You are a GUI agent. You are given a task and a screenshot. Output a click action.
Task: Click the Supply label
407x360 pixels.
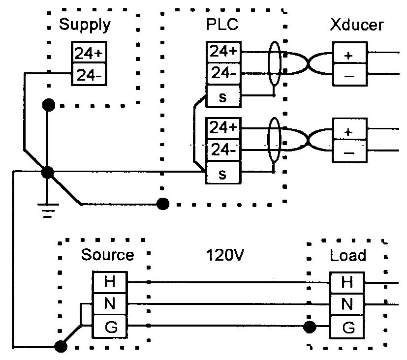pos(85,24)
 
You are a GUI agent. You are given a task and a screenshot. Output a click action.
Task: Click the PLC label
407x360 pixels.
pos(222,24)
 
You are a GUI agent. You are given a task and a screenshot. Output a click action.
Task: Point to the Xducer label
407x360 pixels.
pos(357,25)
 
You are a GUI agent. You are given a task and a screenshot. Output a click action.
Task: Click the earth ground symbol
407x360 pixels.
pos(47,209)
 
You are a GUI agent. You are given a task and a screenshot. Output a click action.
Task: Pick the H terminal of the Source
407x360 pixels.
pos(110,282)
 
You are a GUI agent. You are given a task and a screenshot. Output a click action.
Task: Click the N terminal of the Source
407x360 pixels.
pos(110,304)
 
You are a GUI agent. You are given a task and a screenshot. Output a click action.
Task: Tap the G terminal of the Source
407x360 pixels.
pos(110,327)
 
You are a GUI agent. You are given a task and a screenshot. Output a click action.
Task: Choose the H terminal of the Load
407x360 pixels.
pos(347,282)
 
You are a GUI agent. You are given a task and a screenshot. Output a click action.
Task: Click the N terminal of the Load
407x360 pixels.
pos(347,304)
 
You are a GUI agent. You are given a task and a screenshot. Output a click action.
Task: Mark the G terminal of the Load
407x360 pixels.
pos(347,327)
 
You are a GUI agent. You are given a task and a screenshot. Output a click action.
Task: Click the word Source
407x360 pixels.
pos(107,255)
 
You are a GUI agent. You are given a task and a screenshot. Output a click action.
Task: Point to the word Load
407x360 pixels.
pos(347,255)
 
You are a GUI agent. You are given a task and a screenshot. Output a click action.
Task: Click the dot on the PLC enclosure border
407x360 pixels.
pos(162,203)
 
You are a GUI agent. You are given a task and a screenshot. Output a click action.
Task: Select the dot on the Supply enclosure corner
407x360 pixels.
pos(48,104)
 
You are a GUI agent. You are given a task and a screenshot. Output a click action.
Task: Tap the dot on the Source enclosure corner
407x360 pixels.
pos(61,347)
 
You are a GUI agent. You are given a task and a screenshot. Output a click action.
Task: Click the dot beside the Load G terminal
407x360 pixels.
pos(310,327)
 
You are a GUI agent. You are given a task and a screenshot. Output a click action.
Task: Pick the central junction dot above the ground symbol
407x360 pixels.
pos(48,173)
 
